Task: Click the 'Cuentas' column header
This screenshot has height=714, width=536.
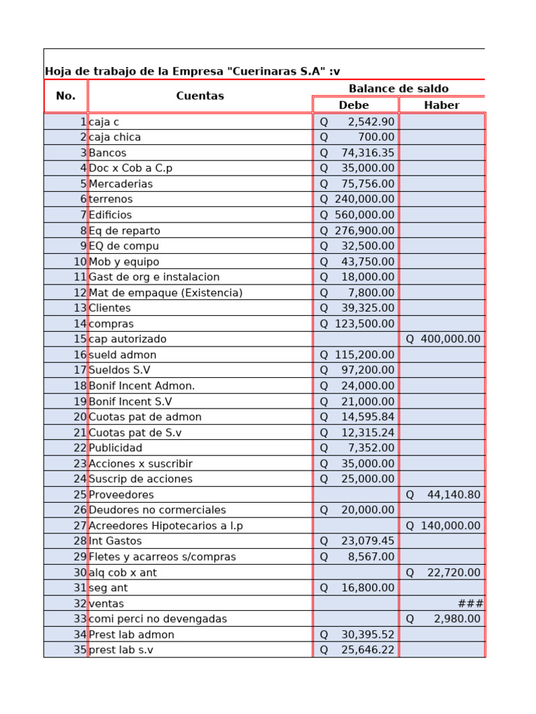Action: click(x=200, y=96)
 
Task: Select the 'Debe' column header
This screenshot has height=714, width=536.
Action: click(x=354, y=105)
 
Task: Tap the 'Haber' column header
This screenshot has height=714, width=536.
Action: click(x=442, y=105)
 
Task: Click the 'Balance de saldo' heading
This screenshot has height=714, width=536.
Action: click(x=399, y=89)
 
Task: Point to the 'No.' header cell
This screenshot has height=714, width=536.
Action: click(x=66, y=96)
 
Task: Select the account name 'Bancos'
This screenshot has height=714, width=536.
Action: click(x=107, y=153)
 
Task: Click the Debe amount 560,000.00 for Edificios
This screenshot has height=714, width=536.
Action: click(x=357, y=215)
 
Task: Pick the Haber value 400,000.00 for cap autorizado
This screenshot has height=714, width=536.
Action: click(x=443, y=339)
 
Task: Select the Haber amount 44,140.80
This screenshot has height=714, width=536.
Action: click(x=443, y=494)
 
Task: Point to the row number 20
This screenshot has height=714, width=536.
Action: click(x=80, y=417)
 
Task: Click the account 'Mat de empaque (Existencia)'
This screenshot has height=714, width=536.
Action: click(x=165, y=293)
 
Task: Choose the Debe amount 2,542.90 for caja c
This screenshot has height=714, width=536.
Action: click(x=357, y=122)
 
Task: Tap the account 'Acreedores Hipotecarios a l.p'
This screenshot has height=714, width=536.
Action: click(x=165, y=526)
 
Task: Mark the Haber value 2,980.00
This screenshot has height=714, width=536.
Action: click(x=443, y=618)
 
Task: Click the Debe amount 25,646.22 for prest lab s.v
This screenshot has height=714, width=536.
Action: click(x=357, y=650)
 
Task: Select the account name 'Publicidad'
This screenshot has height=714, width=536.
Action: click(x=115, y=448)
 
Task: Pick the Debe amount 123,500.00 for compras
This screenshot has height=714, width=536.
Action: click(x=357, y=324)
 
